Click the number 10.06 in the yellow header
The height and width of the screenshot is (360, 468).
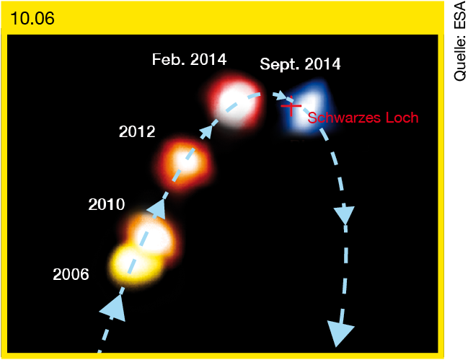point(32,18)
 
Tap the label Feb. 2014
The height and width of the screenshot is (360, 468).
point(189,59)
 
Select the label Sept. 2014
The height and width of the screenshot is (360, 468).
point(300,64)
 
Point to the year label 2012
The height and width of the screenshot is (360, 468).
point(137,131)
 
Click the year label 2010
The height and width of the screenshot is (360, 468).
point(107,204)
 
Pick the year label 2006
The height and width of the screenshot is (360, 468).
point(71,274)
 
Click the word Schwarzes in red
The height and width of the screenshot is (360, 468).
point(344,118)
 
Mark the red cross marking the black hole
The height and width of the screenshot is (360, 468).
point(291,105)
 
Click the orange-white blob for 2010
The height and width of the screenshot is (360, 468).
point(151,236)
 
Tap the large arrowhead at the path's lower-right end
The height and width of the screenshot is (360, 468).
point(340,333)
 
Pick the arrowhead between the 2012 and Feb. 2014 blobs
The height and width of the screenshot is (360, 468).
point(206,131)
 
